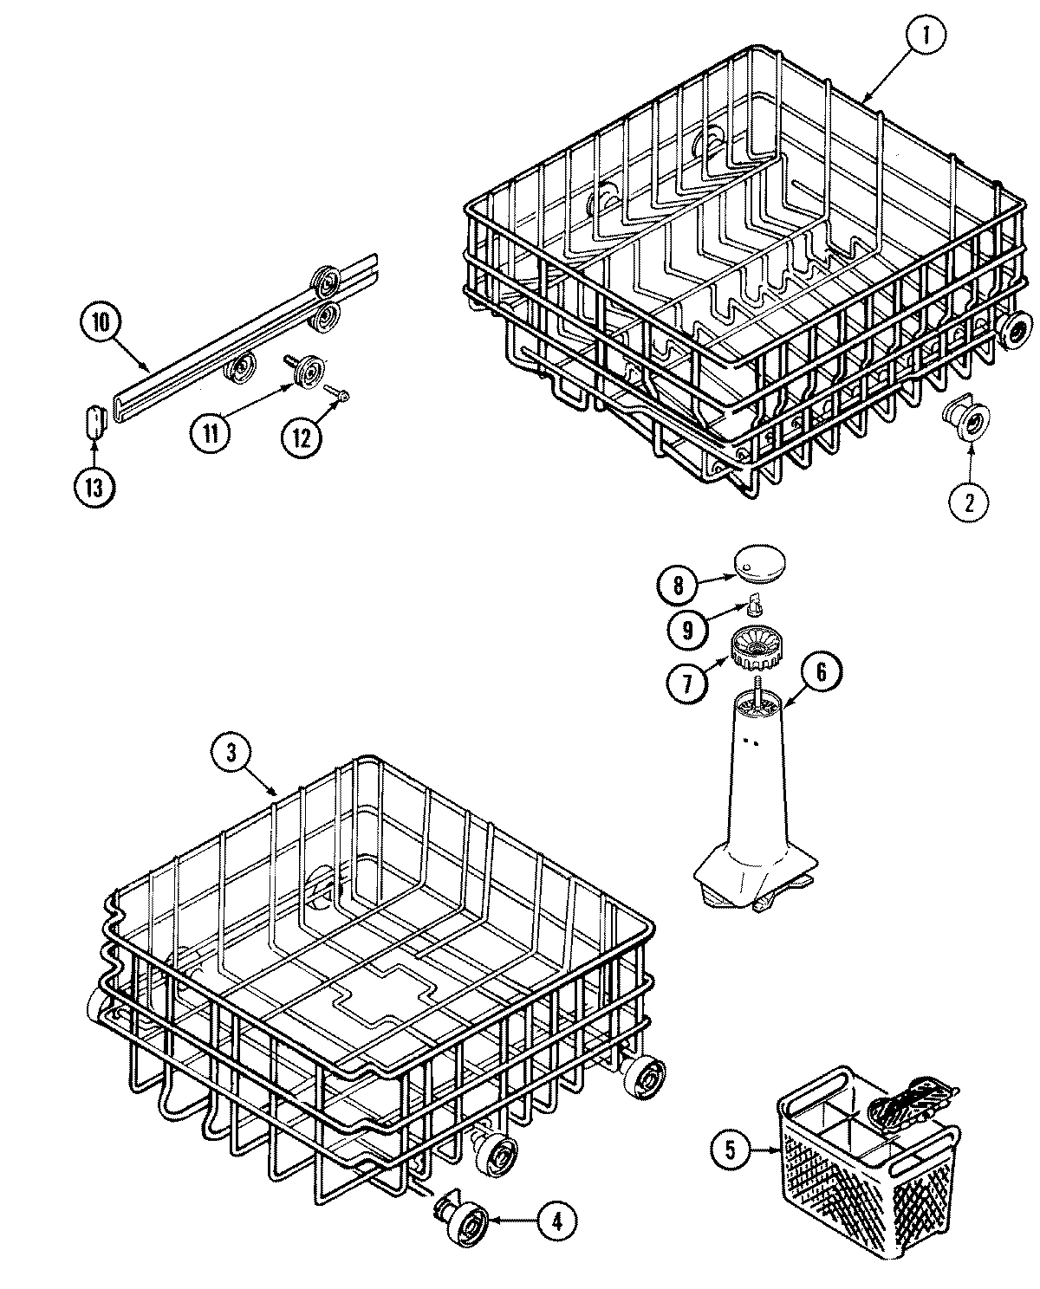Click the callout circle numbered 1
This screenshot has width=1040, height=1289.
[926, 38]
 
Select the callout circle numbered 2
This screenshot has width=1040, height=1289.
[969, 500]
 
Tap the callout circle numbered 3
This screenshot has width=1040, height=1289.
[231, 754]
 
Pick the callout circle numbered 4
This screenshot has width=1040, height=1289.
[556, 1221]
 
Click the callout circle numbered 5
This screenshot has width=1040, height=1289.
[730, 1150]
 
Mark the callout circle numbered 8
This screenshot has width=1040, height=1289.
[678, 585]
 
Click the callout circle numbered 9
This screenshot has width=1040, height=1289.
[687, 631]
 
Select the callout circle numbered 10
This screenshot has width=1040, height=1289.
[101, 323]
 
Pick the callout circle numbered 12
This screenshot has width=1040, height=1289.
[300, 437]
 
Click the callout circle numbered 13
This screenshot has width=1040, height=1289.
[93, 487]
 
